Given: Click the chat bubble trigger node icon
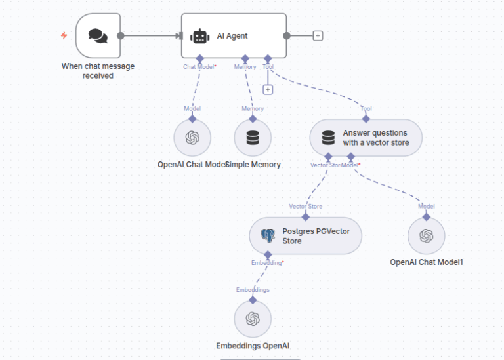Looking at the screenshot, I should tap(98, 36).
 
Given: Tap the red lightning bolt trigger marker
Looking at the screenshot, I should tap(64, 35).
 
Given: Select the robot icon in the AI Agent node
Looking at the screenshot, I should tap(200, 36).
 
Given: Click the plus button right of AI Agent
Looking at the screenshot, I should tap(318, 36).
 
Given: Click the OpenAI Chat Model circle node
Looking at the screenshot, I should tap(192, 138).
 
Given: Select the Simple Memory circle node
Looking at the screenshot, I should tap(252, 138).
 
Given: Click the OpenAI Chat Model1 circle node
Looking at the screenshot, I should tap(427, 235).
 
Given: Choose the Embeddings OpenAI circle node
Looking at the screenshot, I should tap(252, 319).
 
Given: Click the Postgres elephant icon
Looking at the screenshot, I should tap(268, 235).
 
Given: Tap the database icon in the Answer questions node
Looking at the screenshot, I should tap(328, 138).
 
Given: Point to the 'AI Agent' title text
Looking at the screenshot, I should tap(232, 36).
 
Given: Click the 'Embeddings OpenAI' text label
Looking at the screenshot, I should tap(253, 346).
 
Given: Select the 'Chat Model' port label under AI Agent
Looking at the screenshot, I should tap(199, 66).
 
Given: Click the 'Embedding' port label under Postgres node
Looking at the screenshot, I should tap(266, 262).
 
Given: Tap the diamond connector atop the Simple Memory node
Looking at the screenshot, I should tap(253, 119).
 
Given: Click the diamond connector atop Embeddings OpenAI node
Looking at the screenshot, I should tap(253, 300).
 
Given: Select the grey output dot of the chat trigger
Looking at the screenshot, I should tap(120, 36).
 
